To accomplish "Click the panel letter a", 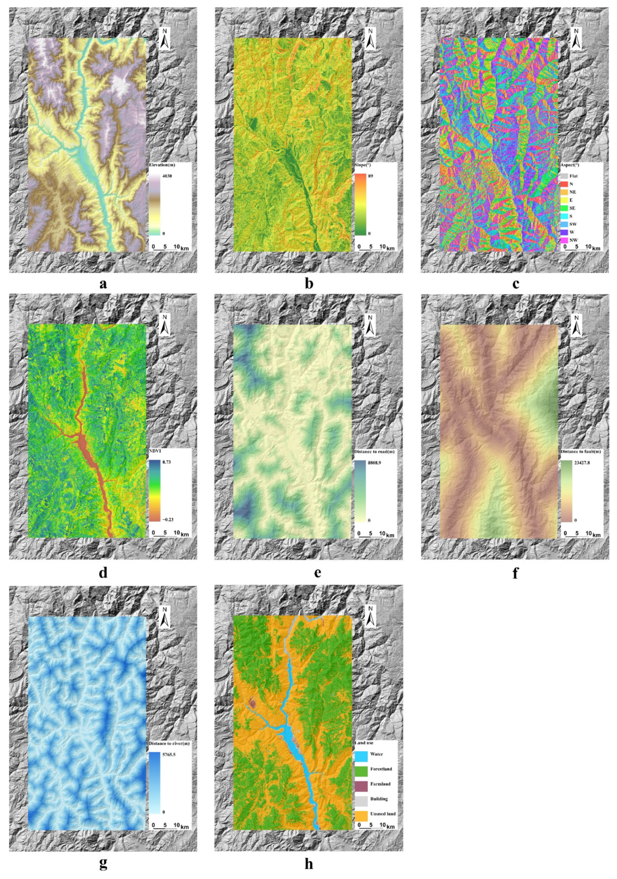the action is pos(102,284).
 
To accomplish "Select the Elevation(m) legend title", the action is pos(163,165).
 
